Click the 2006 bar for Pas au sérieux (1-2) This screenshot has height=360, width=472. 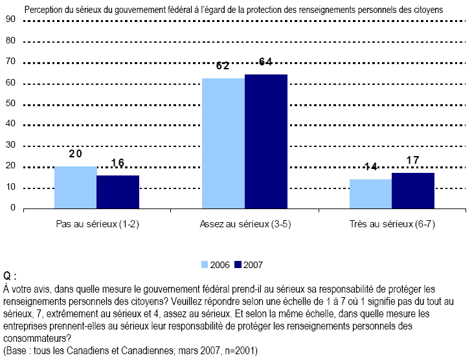[76, 187]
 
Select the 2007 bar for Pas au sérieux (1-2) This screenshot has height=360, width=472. [118, 192]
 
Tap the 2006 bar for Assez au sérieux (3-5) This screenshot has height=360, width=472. [223, 143]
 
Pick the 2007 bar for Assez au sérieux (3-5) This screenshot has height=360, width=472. [265, 141]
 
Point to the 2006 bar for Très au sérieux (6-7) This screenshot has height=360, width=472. [371, 194]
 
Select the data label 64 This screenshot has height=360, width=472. [265, 62]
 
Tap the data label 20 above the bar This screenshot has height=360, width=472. [76, 154]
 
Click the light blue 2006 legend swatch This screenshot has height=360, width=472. [205, 264]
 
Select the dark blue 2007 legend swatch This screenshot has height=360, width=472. [237, 264]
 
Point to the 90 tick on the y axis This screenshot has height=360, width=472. [10, 20]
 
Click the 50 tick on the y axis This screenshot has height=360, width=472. [10, 104]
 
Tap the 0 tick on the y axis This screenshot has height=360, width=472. [12, 208]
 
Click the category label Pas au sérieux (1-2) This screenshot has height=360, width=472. [96, 224]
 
